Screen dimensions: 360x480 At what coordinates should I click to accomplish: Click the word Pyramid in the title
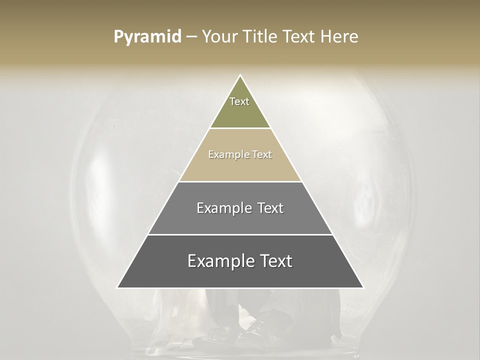pyautogui.click(x=147, y=37)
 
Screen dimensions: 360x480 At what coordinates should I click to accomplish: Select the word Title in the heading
pyautogui.click(x=262, y=37)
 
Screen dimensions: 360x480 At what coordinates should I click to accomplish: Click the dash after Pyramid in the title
pyautogui.click(x=191, y=37)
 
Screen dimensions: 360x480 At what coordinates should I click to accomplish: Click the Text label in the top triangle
pyautogui.click(x=239, y=101)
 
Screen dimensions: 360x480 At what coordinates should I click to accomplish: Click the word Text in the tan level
pyautogui.click(x=262, y=154)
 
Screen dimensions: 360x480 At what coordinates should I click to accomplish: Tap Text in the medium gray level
pyautogui.click(x=270, y=208)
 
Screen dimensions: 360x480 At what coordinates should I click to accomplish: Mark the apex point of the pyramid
pyautogui.click(x=240, y=76)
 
